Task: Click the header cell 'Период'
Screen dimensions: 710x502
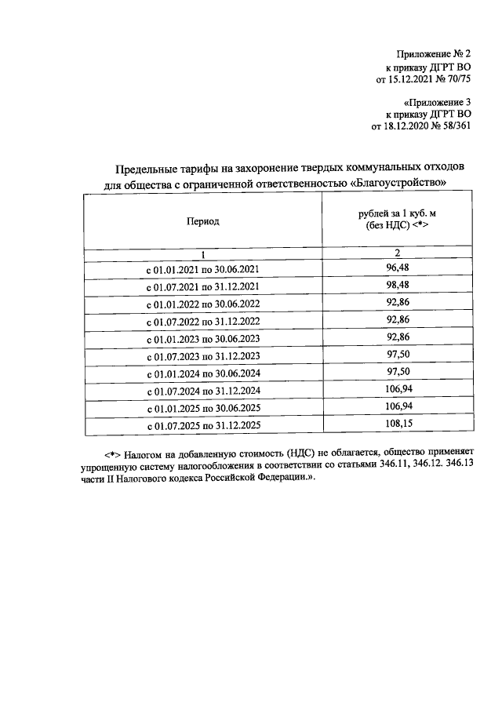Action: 202,221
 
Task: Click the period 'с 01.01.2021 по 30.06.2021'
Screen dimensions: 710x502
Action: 202,270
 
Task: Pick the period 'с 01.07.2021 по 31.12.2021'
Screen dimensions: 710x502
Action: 202,287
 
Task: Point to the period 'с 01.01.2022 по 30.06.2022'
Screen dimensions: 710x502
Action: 202,304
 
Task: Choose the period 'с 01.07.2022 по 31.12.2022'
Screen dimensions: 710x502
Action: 202,322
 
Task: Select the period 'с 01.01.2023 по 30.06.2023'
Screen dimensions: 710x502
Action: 202,339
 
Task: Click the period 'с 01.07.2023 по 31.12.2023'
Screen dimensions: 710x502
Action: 202,356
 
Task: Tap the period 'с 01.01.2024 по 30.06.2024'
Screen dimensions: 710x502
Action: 202,373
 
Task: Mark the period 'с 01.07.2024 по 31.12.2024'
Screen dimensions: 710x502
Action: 202,391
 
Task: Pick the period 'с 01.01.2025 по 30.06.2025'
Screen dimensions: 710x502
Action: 202,408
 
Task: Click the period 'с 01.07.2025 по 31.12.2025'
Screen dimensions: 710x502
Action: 202,426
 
